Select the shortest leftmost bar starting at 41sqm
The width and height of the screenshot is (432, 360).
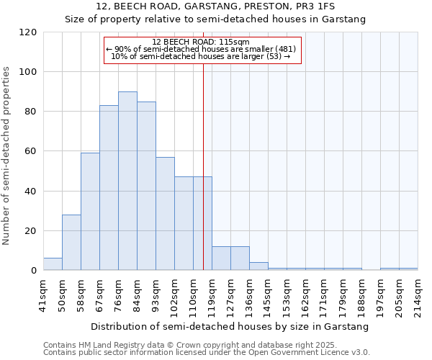(53, 264)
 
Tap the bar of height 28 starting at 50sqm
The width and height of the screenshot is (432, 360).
(71, 243)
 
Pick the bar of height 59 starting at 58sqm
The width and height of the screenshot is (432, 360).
(90, 212)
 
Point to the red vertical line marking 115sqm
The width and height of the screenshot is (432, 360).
(203, 166)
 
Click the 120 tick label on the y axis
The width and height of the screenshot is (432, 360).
(28, 32)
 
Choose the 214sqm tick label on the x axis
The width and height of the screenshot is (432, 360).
(418, 292)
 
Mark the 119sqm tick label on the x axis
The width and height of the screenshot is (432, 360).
(212, 292)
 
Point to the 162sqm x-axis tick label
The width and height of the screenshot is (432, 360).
(306, 292)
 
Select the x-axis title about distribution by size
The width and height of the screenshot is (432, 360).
(230, 326)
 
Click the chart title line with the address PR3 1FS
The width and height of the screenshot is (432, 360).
(215, 6)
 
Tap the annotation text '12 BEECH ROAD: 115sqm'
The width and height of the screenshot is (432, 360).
(201, 42)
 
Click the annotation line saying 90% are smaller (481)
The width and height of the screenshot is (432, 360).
(201, 49)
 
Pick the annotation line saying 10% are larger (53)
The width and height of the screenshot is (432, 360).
(201, 56)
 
